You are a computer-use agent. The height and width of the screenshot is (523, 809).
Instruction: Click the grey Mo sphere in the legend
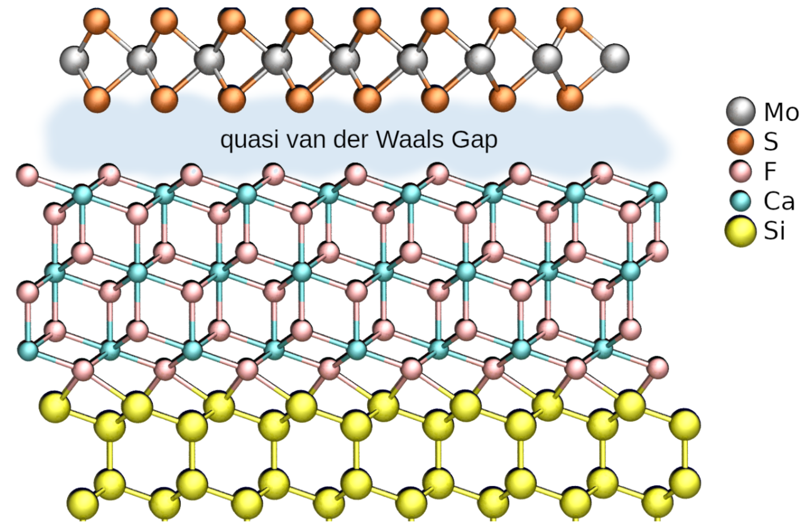click(740, 111)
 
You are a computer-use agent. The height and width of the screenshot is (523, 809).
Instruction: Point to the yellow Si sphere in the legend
click(740, 231)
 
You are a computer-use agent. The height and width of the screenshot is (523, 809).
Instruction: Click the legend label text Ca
click(779, 201)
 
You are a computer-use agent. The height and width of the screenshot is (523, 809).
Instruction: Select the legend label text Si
click(774, 231)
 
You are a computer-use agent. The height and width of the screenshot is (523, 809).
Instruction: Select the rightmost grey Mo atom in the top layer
click(614, 58)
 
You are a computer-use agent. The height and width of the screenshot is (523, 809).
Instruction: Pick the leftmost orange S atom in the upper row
click(96, 21)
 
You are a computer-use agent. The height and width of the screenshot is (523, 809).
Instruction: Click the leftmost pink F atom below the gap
click(28, 175)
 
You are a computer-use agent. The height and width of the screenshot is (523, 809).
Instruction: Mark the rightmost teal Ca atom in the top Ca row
click(657, 193)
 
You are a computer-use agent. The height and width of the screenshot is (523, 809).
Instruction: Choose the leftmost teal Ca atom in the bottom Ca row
click(28, 349)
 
